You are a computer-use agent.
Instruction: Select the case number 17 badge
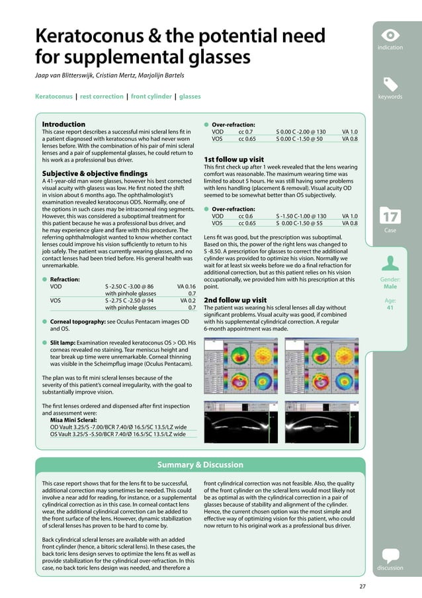[x=390, y=217]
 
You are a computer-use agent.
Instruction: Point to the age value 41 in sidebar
[x=390, y=307]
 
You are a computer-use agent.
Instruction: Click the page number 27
[x=361, y=585]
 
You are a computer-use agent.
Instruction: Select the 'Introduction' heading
[x=63, y=124]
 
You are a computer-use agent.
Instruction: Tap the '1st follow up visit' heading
[x=234, y=159]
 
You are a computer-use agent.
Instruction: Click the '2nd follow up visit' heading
[x=235, y=300]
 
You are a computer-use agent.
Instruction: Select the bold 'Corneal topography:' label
[x=82, y=321]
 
